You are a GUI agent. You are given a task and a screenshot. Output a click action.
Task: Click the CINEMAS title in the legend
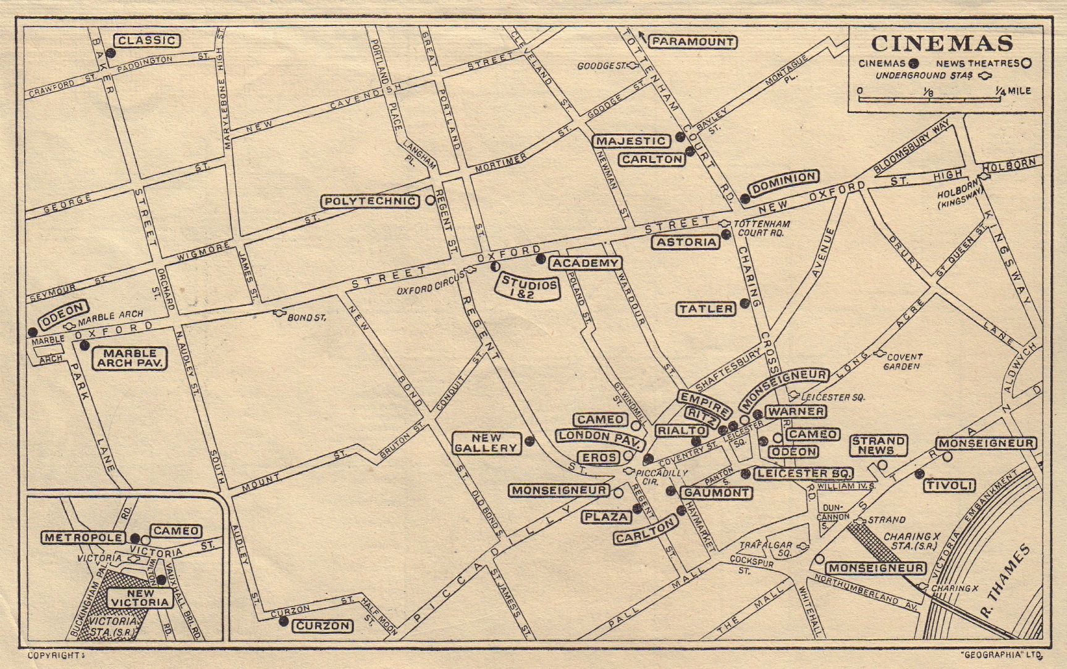pos(942,43)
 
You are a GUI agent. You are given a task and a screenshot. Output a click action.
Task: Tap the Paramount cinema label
pos(692,42)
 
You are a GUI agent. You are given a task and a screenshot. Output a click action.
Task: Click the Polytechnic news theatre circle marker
pos(430,201)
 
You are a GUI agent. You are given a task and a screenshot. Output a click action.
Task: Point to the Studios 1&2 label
pos(529,287)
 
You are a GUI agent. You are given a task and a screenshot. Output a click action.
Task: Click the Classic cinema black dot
pos(110,53)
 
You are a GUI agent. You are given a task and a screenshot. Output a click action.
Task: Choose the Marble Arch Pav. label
pos(130,358)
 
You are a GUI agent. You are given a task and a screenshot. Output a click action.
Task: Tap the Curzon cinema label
pos(323,626)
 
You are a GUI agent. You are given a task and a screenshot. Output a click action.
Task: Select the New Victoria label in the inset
pos(140,597)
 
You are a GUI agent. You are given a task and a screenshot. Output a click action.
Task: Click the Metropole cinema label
pos(83,538)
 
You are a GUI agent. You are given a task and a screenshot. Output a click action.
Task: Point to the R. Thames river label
pos(1005,573)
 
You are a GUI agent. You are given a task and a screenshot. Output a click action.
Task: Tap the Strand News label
pos(878,445)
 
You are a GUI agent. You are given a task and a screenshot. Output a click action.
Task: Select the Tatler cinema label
pos(706,309)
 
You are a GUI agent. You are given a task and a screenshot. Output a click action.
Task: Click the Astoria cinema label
pos(686,243)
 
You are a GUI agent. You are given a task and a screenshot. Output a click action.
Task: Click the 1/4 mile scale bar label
pos(1013,91)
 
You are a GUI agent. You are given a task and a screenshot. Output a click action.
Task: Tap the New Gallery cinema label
pos(486,443)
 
